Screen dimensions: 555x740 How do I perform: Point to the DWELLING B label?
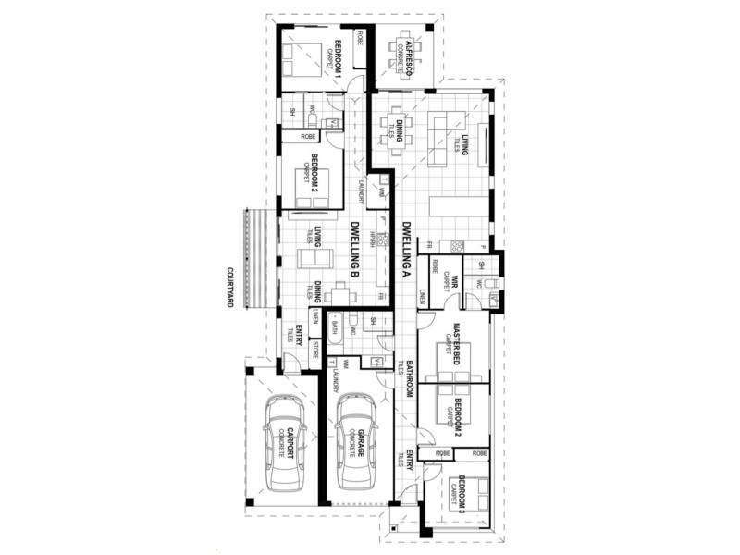click(353, 250)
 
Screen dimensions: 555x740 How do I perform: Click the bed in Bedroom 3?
click(469, 496)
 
